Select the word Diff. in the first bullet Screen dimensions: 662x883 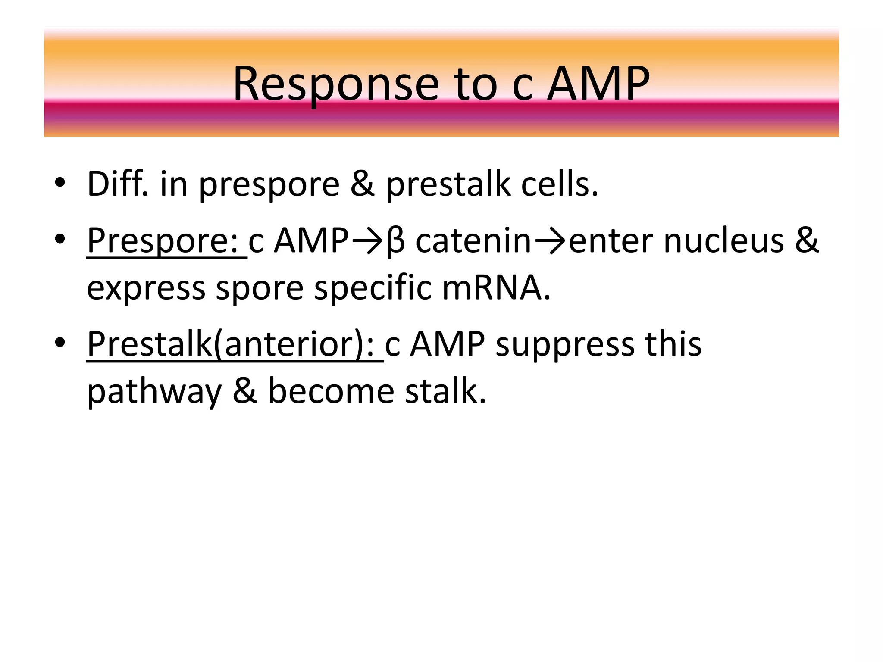click(118, 184)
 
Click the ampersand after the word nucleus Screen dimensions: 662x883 click(806, 240)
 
